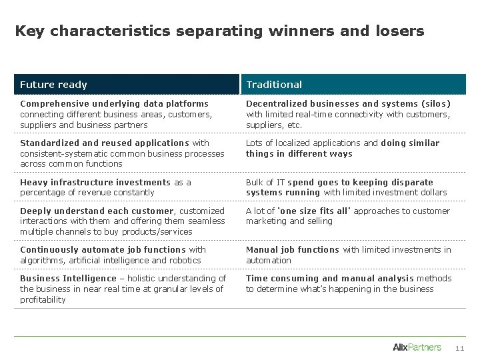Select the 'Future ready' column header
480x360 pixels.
pyautogui.click(x=53, y=85)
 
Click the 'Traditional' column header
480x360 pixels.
pyautogui.click(x=274, y=85)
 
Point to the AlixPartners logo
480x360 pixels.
pyautogui.click(x=417, y=347)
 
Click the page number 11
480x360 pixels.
pyautogui.click(x=459, y=347)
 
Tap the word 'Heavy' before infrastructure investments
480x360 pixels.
pyautogui.click(x=34, y=183)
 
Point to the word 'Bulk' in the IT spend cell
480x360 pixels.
pyautogui.click(x=255, y=183)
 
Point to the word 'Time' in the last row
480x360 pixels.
pyautogui.click(x=257, y=279)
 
